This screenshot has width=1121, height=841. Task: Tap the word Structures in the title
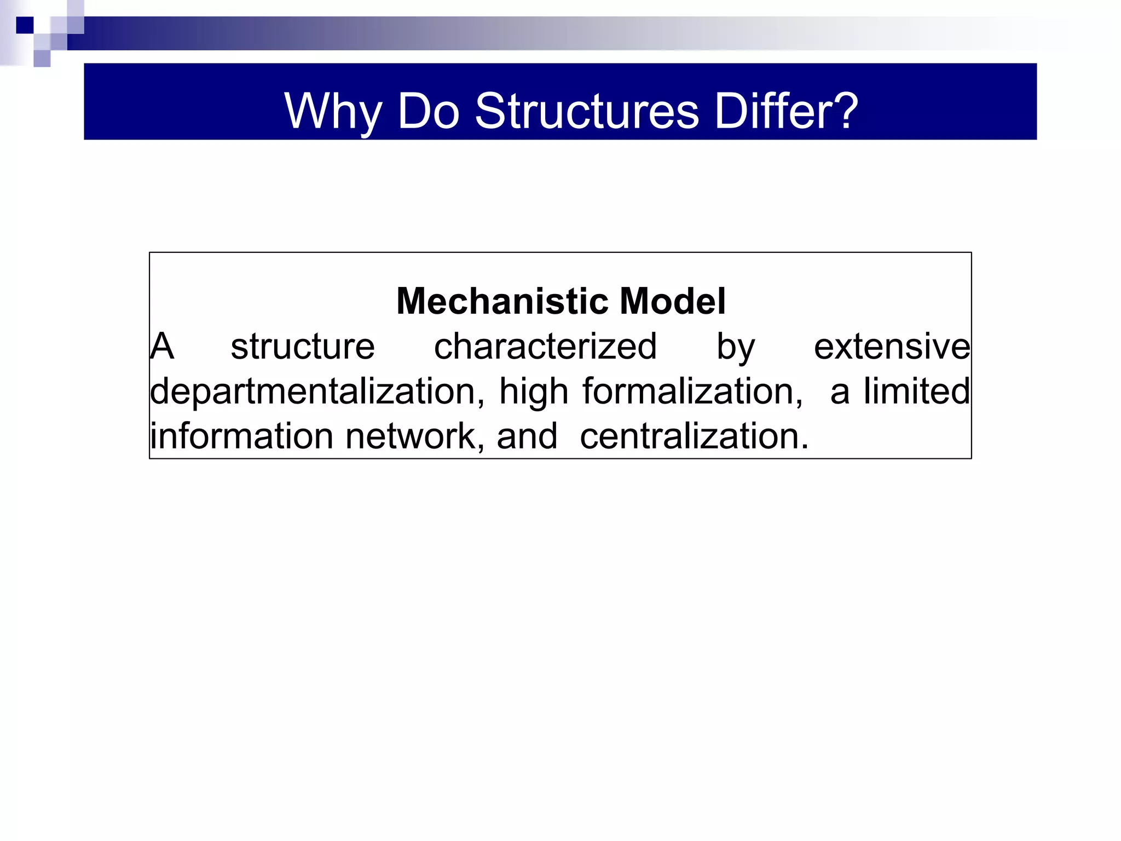(587, 112)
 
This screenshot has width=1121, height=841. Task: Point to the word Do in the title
(429, 112)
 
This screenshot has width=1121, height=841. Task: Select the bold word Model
(673, 301)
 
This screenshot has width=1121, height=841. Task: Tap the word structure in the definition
(303, 347)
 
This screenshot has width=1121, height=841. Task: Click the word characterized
(545, 347)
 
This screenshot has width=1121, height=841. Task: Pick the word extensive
(892, 347)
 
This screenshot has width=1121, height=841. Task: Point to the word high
(534, 392)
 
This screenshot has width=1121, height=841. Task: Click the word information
(241, 436)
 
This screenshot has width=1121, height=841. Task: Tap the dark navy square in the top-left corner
(25, 25)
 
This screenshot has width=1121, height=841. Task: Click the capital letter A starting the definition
(162, 347)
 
